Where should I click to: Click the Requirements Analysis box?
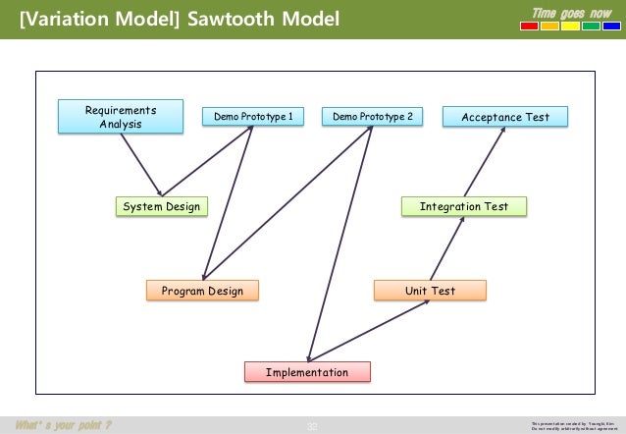pyautogui.click(x=120, y=117)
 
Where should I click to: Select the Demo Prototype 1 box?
pyautogui.click(x=251, y=118)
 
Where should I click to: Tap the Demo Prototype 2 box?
pyautogui.click(x=372, y=118)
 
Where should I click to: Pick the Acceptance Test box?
pyautogui.click(x=504, y=118)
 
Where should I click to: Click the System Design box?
pyautogui.click(x=160, y=206)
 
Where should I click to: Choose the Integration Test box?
pyautogui.click(x=464, y=206)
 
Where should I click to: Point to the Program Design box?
pyautogui.click(x=202, y=291)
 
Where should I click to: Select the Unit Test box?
pyautogui.click(x=430, y=291)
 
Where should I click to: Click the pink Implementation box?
pyautogui.click(x=308, y=372)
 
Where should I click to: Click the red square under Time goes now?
pyautogui.click(x=529, y=27)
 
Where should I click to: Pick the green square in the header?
pyautogui.click(x=591, y=27)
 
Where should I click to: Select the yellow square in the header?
pyautogui.click(x=549, y=27)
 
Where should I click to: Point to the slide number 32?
pyautogui.click(x=313, y=425)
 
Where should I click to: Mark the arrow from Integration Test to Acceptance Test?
pyautogui.click(x=484, y=162)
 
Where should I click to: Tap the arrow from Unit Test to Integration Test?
pyautogui.click(x=446, y=248)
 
